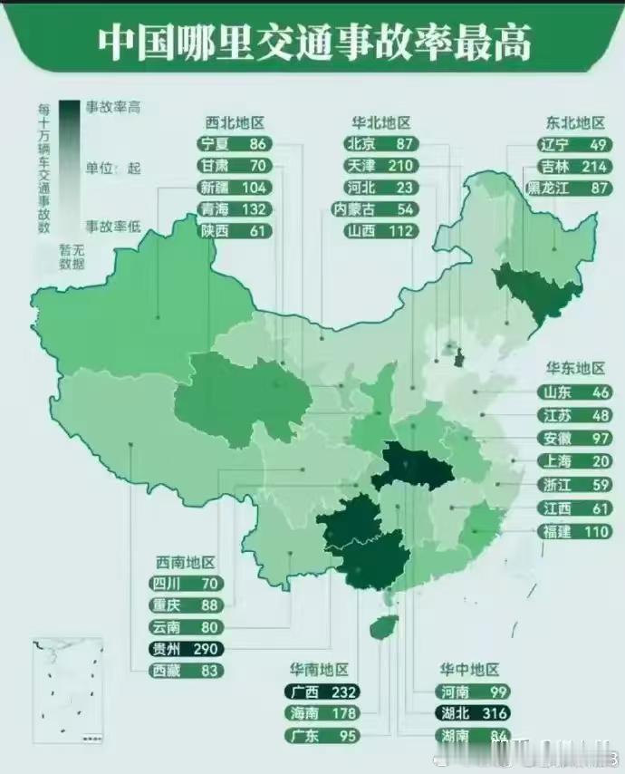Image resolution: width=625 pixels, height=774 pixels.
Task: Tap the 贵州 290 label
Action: (x=187, y=649)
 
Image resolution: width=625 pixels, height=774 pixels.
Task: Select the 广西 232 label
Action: (x=322, y=691)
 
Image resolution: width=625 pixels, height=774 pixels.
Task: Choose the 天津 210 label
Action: (x=380, y=166)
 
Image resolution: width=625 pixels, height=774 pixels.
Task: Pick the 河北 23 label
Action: (x=380, y=188)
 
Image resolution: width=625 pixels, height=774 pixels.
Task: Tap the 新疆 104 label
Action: (x=233, y=188)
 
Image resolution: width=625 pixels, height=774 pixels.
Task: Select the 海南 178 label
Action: (x=322, y=713)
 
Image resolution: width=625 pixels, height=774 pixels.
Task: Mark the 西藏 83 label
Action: (x=187, y=671)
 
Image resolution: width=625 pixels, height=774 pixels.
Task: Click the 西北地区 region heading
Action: (x=233, y=122)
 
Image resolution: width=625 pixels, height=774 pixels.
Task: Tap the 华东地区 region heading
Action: (x=574, y=368)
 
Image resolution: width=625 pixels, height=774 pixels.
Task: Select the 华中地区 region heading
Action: (x=470, y=670)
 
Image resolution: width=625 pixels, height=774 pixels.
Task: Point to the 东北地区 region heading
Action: (x=574, y=122)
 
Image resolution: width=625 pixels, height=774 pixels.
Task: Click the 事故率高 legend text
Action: (x=113, y=107)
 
